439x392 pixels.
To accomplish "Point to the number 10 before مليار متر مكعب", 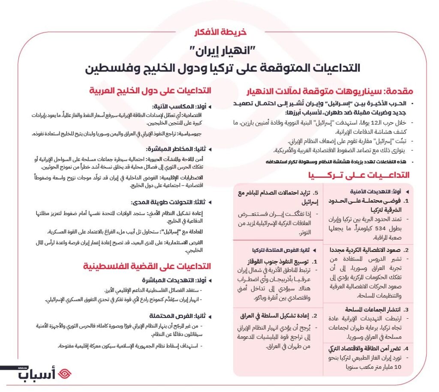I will tap(397, 368).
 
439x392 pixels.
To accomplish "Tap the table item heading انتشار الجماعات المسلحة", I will tap(367, 309).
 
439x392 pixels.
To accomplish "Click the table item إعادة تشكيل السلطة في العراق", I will tap(275, 316).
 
